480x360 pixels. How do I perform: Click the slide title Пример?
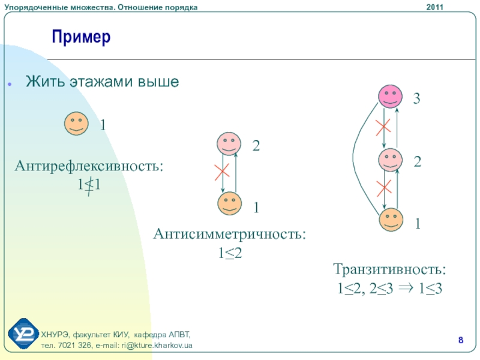(x=81, y=38)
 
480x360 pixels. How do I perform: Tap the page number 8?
(x=461, y=341)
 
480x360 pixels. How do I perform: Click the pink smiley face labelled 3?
(x=391, y=96)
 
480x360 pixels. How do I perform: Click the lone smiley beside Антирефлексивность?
(x=76, y=124)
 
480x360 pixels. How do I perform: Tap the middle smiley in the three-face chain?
(x=391, y=161)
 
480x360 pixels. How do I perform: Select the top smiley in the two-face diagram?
(x=229, y=144)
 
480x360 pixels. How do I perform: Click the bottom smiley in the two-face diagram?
(x=229, y=203)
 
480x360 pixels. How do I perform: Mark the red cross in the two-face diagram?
(x=222, y=173)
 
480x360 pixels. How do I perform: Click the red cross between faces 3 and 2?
(x=383, y=127)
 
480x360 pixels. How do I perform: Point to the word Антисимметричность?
(x=229, y=234)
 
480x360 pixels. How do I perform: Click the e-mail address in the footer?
(x=153, y=347)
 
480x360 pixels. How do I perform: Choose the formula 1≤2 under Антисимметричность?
(x=229, y=254)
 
